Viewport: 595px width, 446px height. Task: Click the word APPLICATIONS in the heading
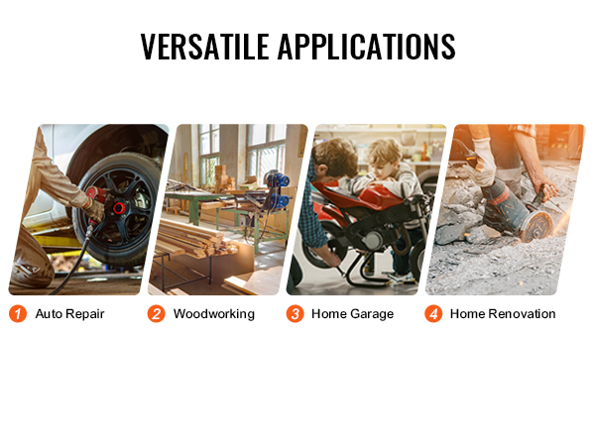pos(367,47)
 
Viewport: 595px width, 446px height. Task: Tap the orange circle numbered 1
pos(18,314)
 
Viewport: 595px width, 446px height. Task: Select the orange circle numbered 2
pos(156,314)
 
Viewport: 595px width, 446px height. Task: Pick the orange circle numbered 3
pos(295,314)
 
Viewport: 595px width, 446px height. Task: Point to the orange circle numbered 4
pos(433,314)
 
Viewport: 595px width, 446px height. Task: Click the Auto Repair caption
pos(69,314)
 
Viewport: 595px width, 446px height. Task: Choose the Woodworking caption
pos(214,314)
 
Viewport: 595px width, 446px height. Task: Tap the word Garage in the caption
pos(372,314)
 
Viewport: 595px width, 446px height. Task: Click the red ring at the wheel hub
pos(118,208)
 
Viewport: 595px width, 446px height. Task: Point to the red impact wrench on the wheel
pos(97,195)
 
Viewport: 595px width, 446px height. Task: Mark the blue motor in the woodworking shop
pos(279,190)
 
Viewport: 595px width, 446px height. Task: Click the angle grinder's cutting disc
pos(536,227)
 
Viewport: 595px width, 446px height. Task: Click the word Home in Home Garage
pos(328,314)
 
